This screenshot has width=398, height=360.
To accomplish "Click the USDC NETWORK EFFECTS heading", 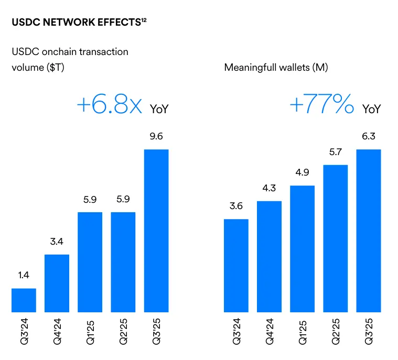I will pos(76,24).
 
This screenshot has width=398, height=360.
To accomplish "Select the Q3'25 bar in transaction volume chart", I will pos(156,231).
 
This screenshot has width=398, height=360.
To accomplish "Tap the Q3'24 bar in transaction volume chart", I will pos(24,300).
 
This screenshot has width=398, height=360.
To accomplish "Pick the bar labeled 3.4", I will pos(57,283).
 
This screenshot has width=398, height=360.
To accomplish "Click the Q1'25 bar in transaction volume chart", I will pos(90,262).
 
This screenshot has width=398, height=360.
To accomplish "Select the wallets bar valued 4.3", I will pos(269,257).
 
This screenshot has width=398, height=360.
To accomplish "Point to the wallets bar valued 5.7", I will pos(335,238).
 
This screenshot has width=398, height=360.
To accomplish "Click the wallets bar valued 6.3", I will pos(368,231).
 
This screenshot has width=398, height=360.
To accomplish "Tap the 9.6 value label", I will pos(156,137).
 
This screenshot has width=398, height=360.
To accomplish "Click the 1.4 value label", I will pos(24,276).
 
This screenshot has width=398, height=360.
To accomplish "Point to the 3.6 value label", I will pos(236,206).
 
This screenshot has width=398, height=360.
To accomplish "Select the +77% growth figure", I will pos(321,105).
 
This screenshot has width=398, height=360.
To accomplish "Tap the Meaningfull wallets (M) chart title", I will pos(276,68).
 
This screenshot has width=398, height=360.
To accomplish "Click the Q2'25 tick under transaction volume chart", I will pos(123,332).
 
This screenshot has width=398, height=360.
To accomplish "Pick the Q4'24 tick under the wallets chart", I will pos(269,332).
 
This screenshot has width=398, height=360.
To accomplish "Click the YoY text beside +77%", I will pos(371,109).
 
